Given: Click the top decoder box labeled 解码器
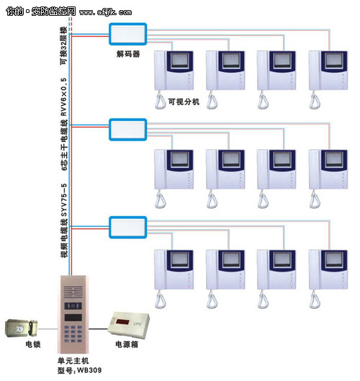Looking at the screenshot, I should (x=128, y=34).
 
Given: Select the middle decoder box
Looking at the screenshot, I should (x=128, y=130).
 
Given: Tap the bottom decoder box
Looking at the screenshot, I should (x=128, y=226).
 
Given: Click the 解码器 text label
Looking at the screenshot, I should (x=127, y=53).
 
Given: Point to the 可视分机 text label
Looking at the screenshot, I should (x=183, y=102).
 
